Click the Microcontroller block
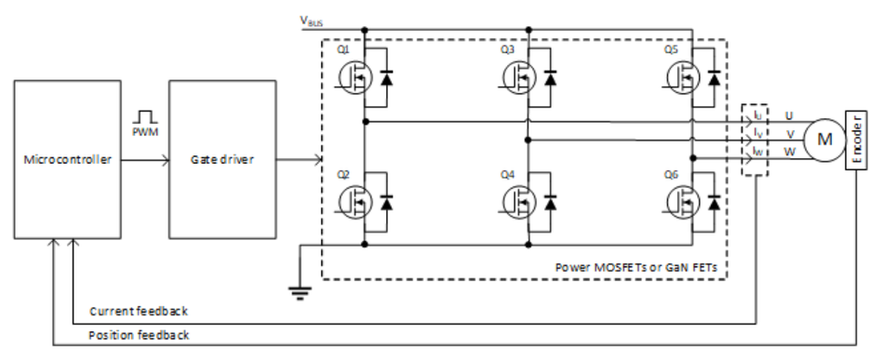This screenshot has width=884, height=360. coord(67,159)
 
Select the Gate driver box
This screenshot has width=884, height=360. coord(221,159)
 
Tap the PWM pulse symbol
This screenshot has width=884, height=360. coord(143,117)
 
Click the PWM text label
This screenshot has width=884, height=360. coord(143,134)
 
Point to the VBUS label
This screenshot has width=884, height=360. coord(310,20)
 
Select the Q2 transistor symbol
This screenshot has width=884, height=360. coord(355,202)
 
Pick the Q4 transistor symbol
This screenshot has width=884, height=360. coord(518,202)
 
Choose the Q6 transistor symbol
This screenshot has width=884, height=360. coord(682,202)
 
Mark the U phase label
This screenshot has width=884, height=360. coord(789,116)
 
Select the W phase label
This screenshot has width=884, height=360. coord(790,152)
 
